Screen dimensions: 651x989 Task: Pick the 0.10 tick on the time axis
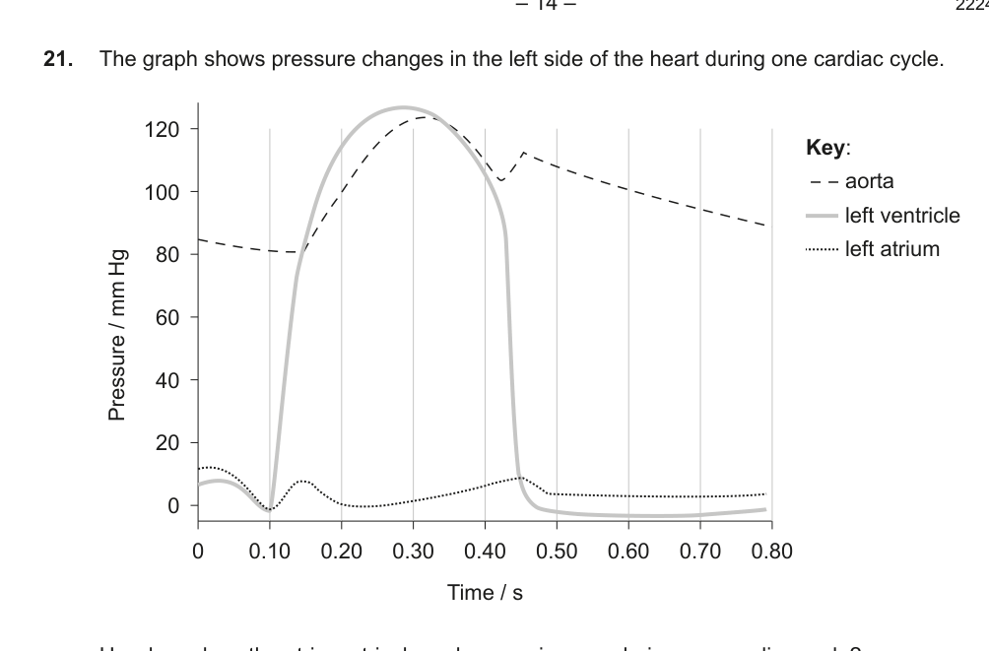[x=269, y=551]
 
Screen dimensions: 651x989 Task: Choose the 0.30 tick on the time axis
[x=413, y=551]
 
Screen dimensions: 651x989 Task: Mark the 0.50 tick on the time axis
[x=557, y=551]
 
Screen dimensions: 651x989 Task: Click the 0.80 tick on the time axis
[x=771, y=551]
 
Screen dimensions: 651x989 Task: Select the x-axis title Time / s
[x=485, y=592]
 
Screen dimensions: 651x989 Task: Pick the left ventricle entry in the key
[x=902, y=216]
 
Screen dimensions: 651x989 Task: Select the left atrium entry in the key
[x=892, y=248]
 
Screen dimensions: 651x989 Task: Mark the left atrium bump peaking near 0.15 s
[x=304, y=481]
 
